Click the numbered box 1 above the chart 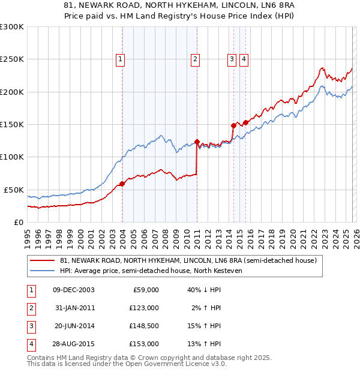pyautogui.click(x=121, y=59)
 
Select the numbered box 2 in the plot pyautogui.click(x=196, y=59)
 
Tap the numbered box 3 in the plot pyautogui.click(x=232, y=59)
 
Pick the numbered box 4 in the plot pyautogui.click(x=244, y=59)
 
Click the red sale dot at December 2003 pyautogui.click(x=122, y=184)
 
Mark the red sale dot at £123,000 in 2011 pyautogui.click(x=197, y=142)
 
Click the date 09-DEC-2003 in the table pyautogui.click(x=73, y=290)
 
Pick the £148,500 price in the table pyautogui.click(x=144, y=326)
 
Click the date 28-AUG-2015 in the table pyautogui.click(x=73, y=344)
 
